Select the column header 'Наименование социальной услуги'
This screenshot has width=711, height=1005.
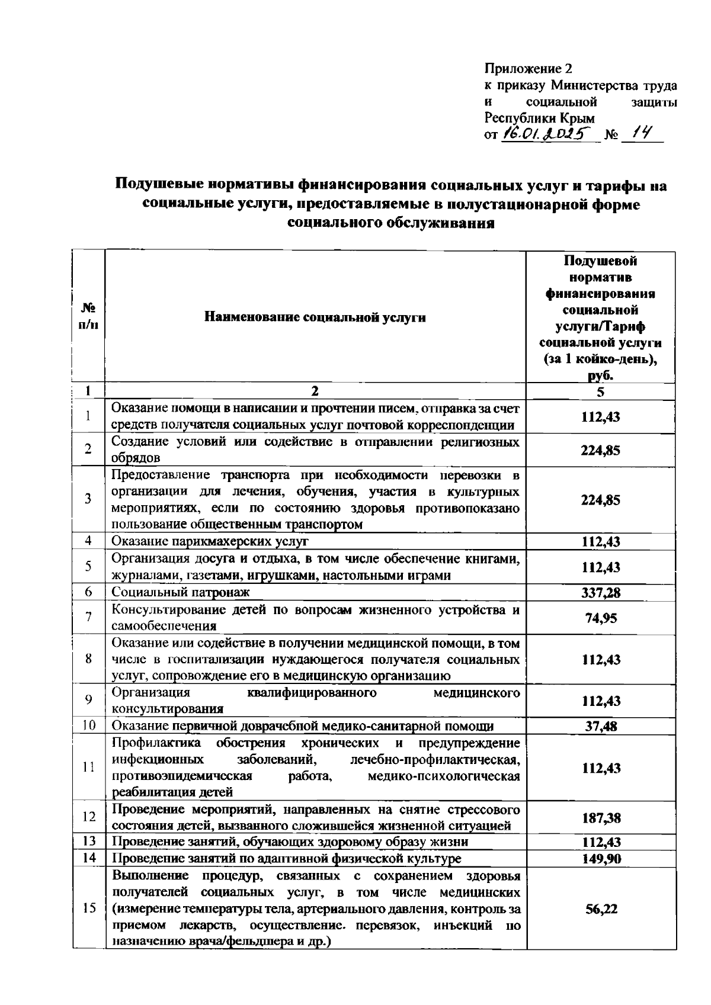315,317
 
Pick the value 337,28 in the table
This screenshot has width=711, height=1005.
600,592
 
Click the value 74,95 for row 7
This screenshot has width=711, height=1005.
600,618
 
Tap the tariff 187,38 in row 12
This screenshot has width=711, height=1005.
600,818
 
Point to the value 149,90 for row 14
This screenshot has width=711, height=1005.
600,859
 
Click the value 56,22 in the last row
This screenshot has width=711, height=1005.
600,909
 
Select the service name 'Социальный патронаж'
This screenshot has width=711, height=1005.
181,592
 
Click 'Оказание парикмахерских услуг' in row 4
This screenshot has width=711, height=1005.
210,541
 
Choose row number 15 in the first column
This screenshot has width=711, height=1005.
88,908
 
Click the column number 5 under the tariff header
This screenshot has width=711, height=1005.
600,391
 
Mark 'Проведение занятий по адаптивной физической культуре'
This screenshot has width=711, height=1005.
287,859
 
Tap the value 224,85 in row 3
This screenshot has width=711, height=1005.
600,500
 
